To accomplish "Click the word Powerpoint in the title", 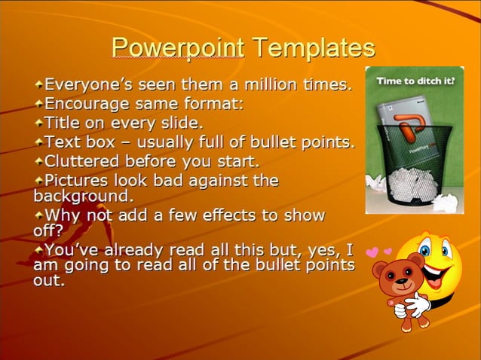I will (x=177, y=48).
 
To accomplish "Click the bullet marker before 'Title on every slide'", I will (x=38, y=122).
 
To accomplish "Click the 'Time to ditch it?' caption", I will (x=415, y=79).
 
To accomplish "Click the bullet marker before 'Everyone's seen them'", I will (x=38, y=84).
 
